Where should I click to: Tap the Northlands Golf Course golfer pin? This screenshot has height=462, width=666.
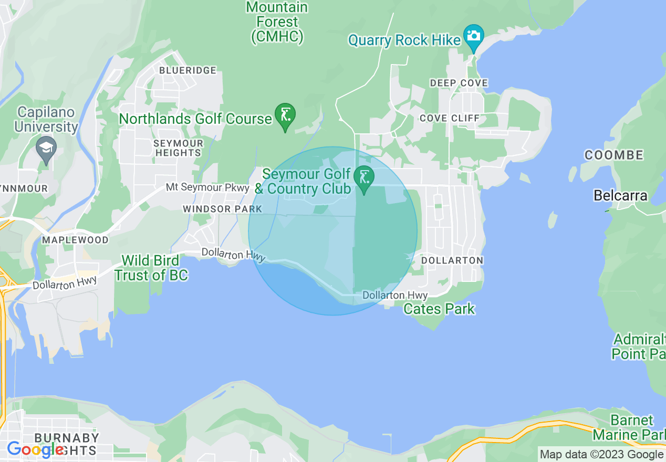(x=285, y=115)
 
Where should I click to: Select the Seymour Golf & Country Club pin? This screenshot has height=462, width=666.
(x=363, y=177)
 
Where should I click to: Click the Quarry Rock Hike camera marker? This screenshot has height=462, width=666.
(x=474, y=37)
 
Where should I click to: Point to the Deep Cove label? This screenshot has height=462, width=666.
(x=459, y=83)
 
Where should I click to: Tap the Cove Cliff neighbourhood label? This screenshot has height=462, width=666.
(x=450, y=118)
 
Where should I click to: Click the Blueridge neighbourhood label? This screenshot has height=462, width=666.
(x=188, y=70)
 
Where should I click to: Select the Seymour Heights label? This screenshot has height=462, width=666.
(x=178, y=148)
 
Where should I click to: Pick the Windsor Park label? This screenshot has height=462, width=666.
(x=222, y=209)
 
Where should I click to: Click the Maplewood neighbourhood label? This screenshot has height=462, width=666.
(x=75, y=240)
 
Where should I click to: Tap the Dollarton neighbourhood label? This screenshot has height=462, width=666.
(x=452, y=260)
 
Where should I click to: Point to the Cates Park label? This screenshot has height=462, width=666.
(x=439, y=309)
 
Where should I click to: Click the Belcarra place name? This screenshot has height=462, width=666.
(x=620, y=196)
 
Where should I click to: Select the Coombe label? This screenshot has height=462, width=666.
(x=614, y=155)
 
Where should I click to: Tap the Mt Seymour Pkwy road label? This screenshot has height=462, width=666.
(x=207, y=187)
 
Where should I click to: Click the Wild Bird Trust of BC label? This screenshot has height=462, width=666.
(x=151, y=268)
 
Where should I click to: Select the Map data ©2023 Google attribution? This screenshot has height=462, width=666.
(x=602, y=455)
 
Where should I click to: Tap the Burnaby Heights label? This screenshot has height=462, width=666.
(x=66, y=444)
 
